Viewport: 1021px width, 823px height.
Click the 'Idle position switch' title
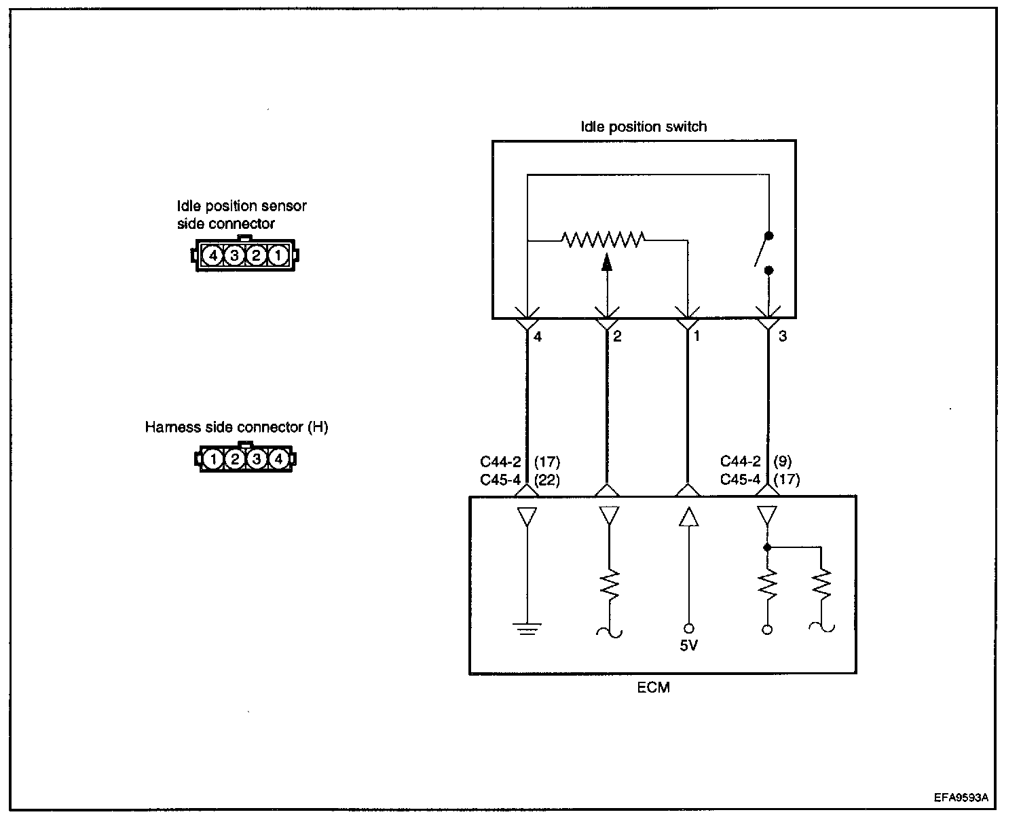point(644,127)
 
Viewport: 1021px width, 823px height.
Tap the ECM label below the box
point(654,687)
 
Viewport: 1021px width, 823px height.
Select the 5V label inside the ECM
point(688,646)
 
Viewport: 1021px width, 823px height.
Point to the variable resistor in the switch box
point(603,239)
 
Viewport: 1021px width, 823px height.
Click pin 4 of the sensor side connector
point(213,256)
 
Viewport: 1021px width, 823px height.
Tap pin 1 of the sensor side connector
point(278,256)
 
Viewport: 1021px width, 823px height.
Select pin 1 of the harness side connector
point(213,460)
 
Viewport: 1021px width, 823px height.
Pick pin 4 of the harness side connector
point(278,460)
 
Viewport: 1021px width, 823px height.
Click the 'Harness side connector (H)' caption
point(236,428)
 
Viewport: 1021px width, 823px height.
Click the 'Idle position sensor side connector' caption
point(242,215)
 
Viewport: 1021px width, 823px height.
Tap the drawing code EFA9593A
point(961,798)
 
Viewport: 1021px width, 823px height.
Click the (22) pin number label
point(547,479)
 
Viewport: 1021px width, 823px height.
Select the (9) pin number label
point(782,462)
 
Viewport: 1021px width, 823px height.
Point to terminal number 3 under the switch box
point(783,336)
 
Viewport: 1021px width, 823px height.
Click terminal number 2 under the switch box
point(617,336)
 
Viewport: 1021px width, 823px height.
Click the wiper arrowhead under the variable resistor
point(607,261)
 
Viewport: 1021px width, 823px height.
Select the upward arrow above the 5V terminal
point(688,517)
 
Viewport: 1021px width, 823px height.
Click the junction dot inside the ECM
point(767,547)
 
